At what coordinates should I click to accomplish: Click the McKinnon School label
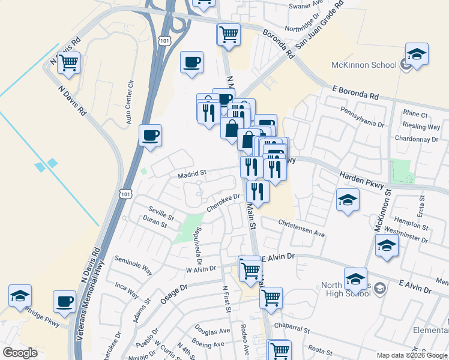(364, 65)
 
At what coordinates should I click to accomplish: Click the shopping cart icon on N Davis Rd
(69, 62)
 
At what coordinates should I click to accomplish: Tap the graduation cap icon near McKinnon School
(417, 54)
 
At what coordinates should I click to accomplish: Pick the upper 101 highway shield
(164, 40)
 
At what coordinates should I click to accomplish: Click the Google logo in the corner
(19, 352)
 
